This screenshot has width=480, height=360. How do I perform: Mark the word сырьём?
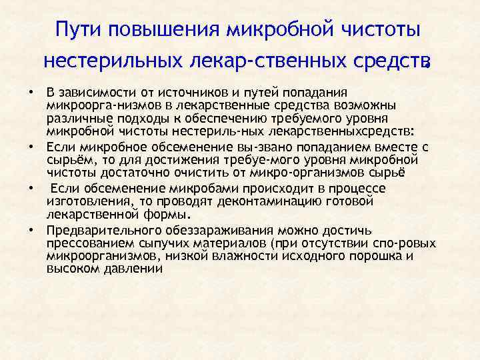68,160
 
